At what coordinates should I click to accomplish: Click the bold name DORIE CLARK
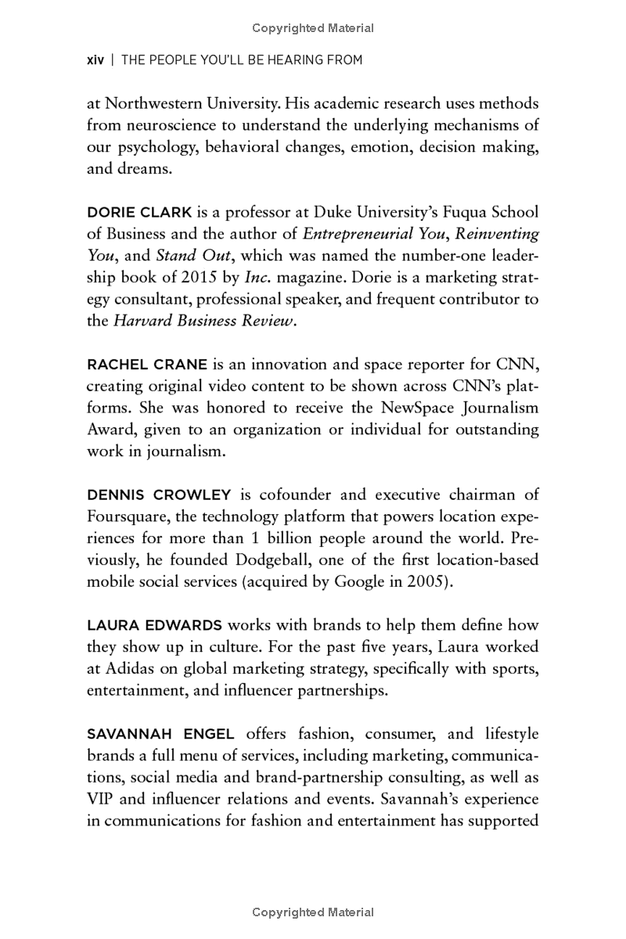point(135,213)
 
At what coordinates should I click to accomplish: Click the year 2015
point(214,279)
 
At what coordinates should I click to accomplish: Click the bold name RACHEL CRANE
point(147,365)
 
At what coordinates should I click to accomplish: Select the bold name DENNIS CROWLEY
point(159,495)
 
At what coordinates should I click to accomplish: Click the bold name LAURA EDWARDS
point(154,625)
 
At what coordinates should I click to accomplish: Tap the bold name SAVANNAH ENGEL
point(160,734)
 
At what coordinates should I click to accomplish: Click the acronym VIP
point(103,800)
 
